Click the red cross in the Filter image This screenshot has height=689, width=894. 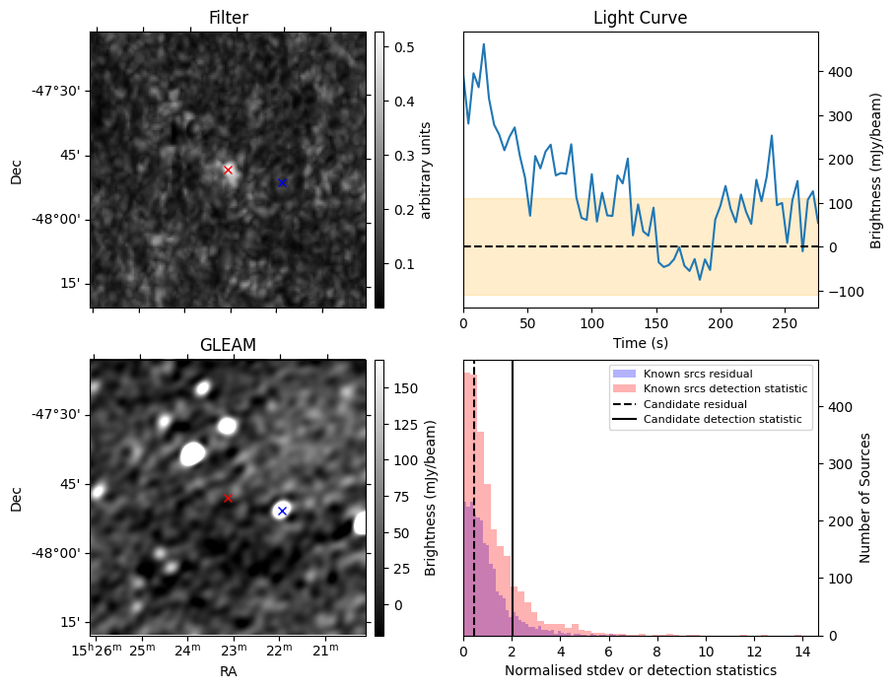pyautogui.click(x=228, y=170)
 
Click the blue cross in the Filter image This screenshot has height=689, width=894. pyautogui.click(x=282, y=182)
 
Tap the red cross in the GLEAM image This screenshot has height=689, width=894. pyautogui.click(x=228, y=498)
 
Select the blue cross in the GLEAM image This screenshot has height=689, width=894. pyautogui.click(x=282, y=511)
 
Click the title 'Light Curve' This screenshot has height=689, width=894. pyautogui.click(x=641, y=18)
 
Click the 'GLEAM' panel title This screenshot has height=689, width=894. pyautogui.click(x=228, y=345)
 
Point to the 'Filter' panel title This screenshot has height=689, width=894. pyautogui.click(x=228, y=18)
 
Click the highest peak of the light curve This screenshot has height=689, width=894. pyautogui.click(x=484, y=44)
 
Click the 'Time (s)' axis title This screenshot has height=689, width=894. pyautogui.click(x=641, y=343)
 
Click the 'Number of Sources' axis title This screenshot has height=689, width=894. pyautogui.click(x=864, y=498)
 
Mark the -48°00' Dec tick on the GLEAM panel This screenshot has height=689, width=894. pyautogui.click(x=60, y=553)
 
